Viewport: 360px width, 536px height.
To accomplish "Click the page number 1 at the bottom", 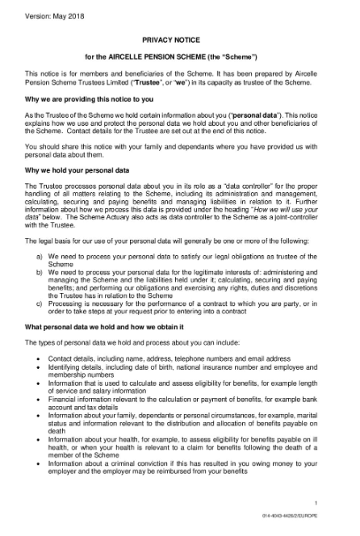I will coord(338,504).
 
